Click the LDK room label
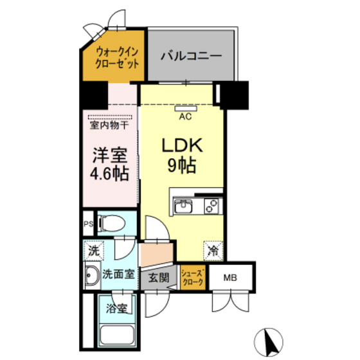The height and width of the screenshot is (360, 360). tap(183, 144)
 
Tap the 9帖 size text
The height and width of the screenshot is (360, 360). tap(183, 165)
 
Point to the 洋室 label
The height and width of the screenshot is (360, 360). tap(108, 156)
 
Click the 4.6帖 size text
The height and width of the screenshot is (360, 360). tap(108, 174)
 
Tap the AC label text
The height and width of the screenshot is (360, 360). tap(185, 117)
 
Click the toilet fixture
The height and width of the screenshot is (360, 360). tap(113, 223)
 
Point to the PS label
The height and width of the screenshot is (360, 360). tap(87, 224)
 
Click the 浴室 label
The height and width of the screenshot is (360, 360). tap(116, 309)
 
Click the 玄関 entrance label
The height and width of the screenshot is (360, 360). tap(159, 278)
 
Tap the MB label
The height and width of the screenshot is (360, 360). tap(230, 278)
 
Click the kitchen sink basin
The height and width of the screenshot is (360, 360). tap(184, 206)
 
